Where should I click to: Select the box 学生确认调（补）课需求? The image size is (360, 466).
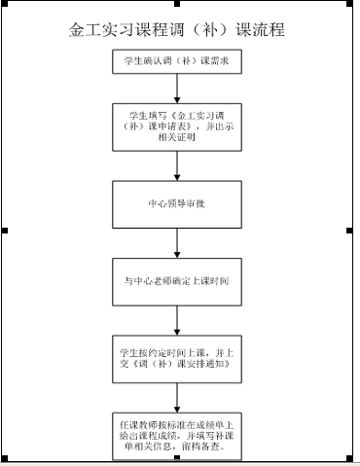click(176, 62)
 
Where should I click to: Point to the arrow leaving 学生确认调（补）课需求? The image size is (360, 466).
click(176, 87)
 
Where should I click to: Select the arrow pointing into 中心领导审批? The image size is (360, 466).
click(176, 167)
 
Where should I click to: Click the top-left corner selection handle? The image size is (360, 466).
click(5, 4)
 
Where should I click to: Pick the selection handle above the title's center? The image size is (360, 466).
click(178, 4)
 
